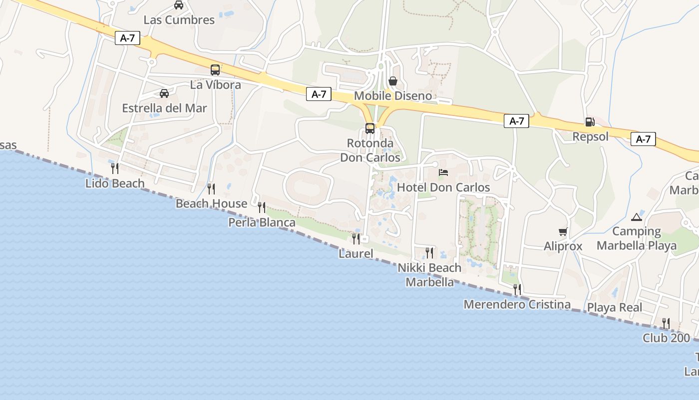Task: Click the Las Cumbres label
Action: click(x=179, y=20)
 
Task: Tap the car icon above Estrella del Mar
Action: click(x=164, y=93)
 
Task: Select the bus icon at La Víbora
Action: click(x=215, y=70)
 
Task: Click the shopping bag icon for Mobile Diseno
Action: click(x=393, y=81)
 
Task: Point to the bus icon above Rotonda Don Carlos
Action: click(x=370, y=128)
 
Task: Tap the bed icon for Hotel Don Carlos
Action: click(x=443, y=172)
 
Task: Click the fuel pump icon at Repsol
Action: click(x=590, y=121)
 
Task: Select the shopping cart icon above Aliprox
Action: click(x=563, y=231)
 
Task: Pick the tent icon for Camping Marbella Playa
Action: click(x=636, y=217)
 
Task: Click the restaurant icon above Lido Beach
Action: click(x=115, y=168)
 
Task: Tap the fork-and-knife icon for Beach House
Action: click(x=211, y=188)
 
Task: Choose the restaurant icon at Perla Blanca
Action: click(x=262, y=207)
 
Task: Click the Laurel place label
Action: click(x=356, y=253)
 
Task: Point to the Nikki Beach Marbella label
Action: click(x=429, y=275)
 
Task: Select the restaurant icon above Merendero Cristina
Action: click(x=517, y=289)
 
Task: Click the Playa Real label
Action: click(x=615, y=307)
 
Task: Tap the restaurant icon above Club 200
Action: click(x=666, y=323)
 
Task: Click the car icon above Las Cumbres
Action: click(x=179, y=5)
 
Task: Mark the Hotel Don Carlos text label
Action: click(x=443, y=187)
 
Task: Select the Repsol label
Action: click(x=590, y=136)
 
